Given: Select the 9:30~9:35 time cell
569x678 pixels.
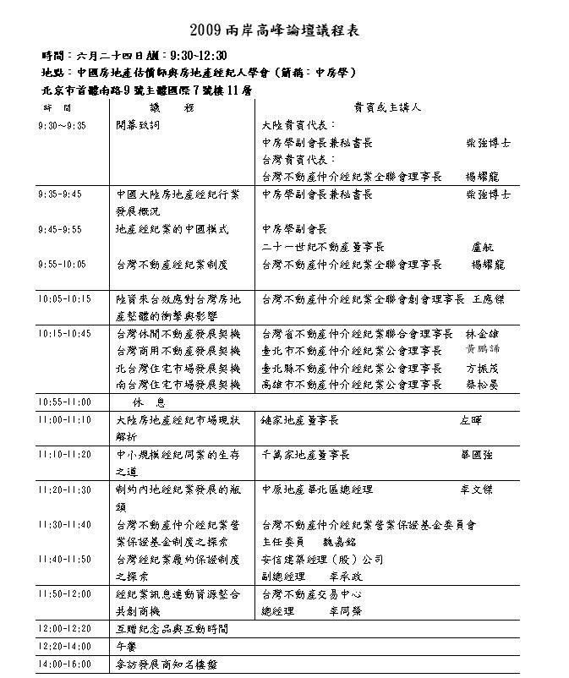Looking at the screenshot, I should (x=63, y=123).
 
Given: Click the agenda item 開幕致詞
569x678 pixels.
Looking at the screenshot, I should (x=137, y=123).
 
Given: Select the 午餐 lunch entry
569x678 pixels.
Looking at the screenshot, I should (x=126, y=647).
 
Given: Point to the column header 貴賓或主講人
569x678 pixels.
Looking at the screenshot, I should (x=387, y=108).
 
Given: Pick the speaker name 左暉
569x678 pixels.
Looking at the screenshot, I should (x=470, y=420).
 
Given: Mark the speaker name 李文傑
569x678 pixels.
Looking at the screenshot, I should (x=476, y=490).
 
